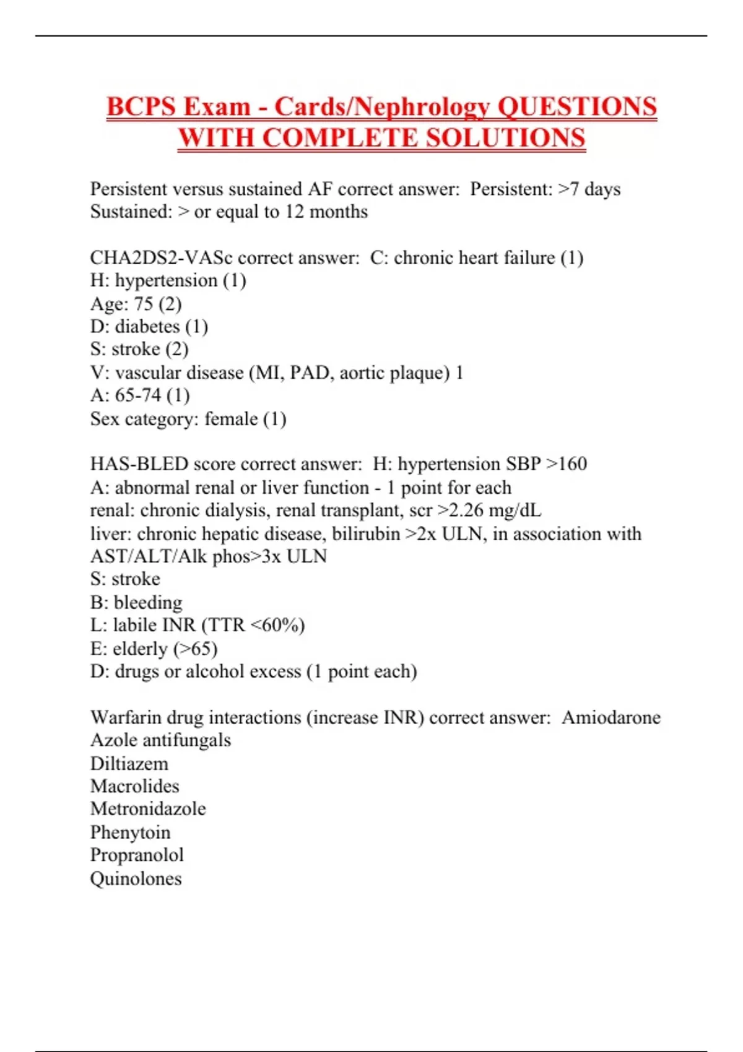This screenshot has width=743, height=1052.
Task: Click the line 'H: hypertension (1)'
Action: [x=168, y=280]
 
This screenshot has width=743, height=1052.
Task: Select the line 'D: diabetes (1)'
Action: [x=149, y=327]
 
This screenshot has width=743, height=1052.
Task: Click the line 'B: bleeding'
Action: [x=136, y=602]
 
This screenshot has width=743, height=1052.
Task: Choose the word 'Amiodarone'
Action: [x=611, y=717]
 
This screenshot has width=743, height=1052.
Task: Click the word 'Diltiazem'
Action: [x=129, y=764]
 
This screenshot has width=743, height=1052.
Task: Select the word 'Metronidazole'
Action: [x=148, y=809]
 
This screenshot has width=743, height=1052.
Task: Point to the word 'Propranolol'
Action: [x=137, y=855]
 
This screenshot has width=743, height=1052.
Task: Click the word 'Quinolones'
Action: [x=136, y=879]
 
